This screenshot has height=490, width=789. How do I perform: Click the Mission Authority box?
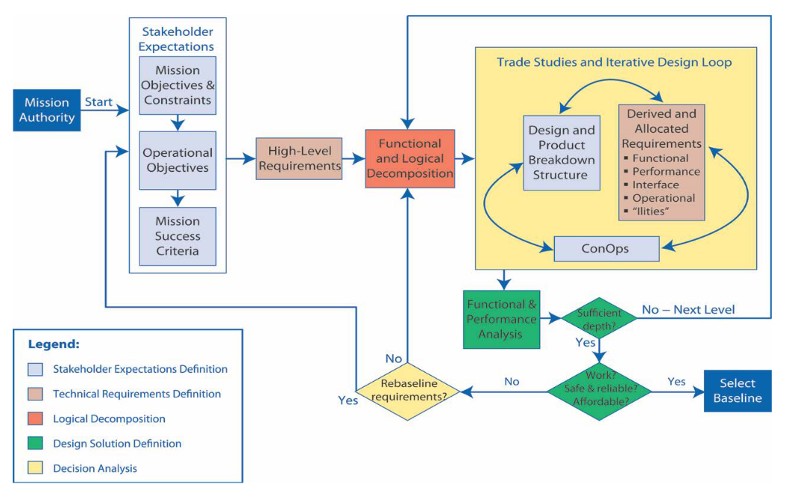pos(48,110)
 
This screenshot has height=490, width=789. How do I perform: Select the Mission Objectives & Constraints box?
pos(177,85)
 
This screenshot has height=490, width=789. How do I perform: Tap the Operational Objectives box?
pos(177,161)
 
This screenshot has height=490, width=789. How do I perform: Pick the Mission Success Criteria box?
pos(177,236)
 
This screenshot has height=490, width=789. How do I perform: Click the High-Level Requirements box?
pos(300,158)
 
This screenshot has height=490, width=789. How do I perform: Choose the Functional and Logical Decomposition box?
pos(409,158)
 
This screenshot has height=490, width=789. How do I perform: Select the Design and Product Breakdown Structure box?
pos(562,152)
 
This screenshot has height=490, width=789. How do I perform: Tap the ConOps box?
pos(606,249)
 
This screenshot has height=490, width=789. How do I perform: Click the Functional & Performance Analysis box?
pos(502,319)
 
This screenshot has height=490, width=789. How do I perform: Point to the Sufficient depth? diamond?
pos(600,319)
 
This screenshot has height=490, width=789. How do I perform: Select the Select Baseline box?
pos(738,390)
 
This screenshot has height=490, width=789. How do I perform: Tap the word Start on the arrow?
pos(98,102)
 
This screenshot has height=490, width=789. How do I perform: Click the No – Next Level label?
pos(688,309)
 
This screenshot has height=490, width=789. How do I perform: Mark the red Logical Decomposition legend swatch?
pos(35,418)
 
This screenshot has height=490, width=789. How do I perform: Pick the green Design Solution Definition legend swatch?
pos(35,444)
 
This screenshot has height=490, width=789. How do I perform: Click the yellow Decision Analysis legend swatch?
pos(35,468)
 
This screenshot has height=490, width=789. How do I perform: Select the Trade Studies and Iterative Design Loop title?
pos(614,62)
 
